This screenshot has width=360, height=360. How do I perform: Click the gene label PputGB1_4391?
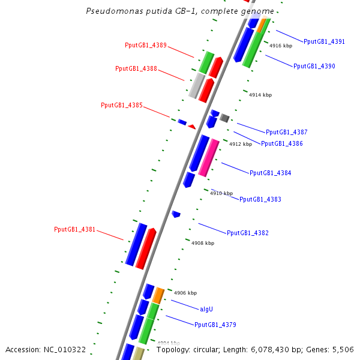(324, 41)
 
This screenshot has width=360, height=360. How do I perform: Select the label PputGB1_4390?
(314, 66)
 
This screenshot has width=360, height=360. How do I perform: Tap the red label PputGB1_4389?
(146, 45)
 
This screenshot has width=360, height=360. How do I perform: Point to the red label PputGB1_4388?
(136, 68)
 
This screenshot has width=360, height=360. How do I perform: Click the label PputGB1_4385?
(122, 105)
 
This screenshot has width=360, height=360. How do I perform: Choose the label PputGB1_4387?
(286, 132)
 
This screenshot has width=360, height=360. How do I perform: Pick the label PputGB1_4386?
(281, 143)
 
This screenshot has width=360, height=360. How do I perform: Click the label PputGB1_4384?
(270, 173)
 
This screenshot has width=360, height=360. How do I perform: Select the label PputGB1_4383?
(260, 199)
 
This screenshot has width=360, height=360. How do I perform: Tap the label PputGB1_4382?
(247, 233)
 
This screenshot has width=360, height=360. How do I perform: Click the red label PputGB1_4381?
(75, 229)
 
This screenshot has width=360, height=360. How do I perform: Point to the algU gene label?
(206, 309)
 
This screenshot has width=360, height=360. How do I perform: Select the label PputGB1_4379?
(215, 325)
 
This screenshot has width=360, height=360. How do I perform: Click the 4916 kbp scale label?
(281, 46)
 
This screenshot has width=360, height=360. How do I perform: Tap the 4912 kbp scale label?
(241, 144)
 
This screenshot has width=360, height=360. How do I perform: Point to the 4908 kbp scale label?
(203, 243)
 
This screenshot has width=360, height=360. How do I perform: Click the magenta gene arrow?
(208, 157)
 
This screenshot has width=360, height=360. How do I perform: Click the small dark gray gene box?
(224, 118)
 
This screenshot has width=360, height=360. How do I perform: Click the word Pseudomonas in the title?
(110, 11)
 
